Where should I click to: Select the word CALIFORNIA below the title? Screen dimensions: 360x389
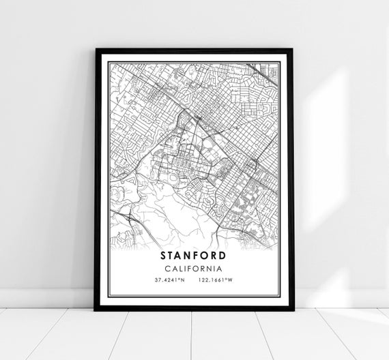[194, 269]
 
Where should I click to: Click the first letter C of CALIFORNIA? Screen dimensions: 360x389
[168, 269]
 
